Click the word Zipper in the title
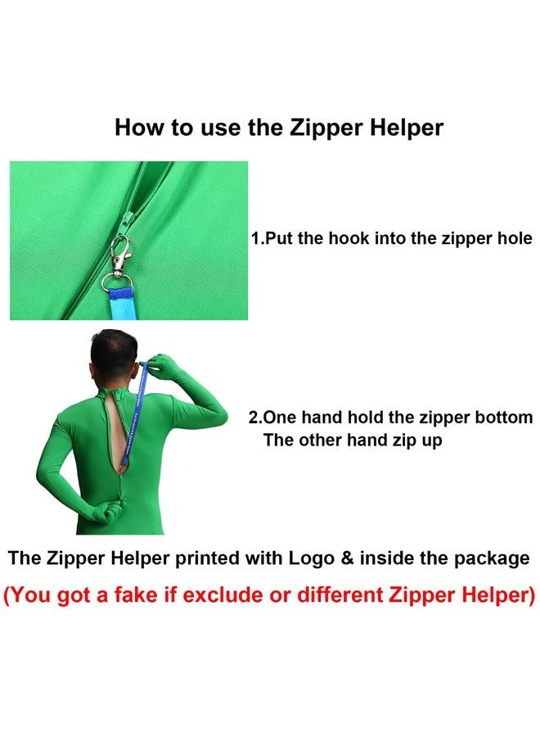click(x=326, y=129)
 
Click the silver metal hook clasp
click(x=121, y=254)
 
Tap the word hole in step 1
click(x=514, y=238)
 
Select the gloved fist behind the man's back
click(x=110, y=510)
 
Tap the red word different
click(x=340, y=595)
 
